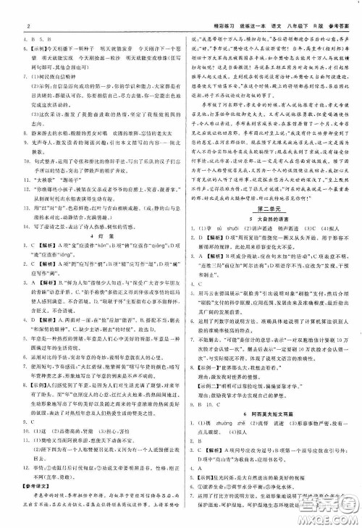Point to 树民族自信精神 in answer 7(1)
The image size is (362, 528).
(x=54, y=94)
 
